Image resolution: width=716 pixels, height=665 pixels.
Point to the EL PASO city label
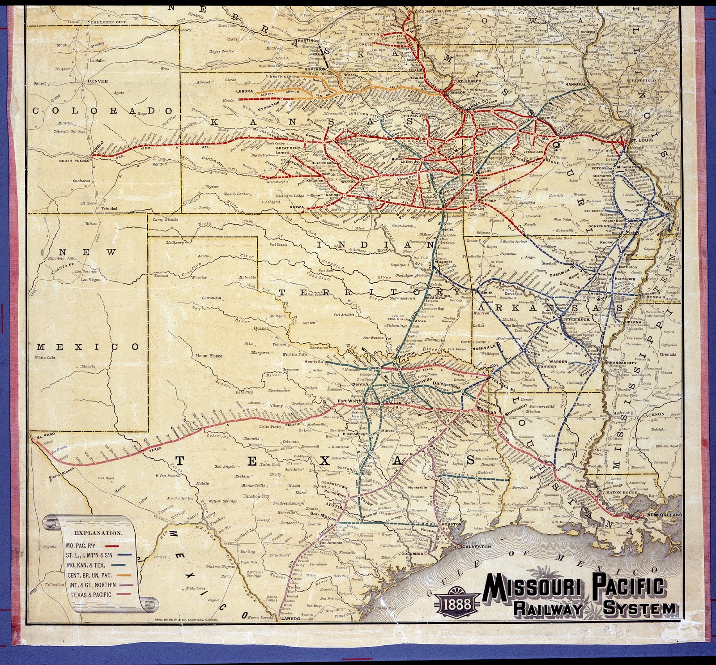click(x=46, y=435)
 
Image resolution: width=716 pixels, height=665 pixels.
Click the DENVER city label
click(x=98, y=81)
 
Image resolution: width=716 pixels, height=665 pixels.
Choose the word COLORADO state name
click(x=102, y=111)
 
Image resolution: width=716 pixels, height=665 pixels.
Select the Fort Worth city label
click(x=349, y=401)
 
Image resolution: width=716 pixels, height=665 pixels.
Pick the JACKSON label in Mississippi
click(x=653, y=414)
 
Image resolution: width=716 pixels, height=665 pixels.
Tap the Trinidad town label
click(x=109, y=209)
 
